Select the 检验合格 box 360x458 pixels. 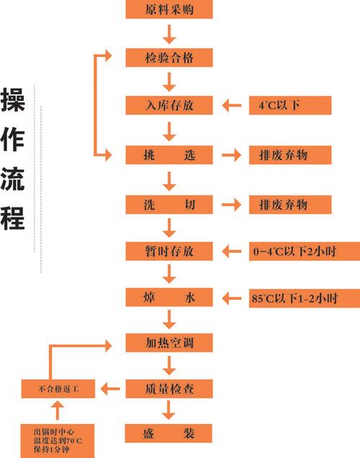[x=169, y=57]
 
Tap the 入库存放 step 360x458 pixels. [x=169, y=105]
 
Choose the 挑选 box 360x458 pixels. [x=169, y=154]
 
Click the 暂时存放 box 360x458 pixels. [x=169, y=251]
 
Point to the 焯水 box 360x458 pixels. [x=169, y=297]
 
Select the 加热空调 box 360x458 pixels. [x=169, y=343]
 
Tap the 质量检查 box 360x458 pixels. [x=169, y=389]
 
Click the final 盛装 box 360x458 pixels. [x=169, y=434]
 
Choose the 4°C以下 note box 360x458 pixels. [x=289, y=105]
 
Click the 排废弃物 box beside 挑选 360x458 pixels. [x=289, y=154]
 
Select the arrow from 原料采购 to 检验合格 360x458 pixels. [x=169, y=33]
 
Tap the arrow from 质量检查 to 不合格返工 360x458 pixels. [x=110, y=389]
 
